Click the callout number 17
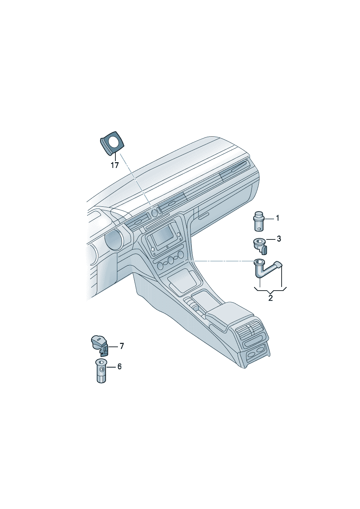coord(115,165)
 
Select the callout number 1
coord(277,218)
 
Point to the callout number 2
coord(270,298)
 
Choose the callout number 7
coord(122,346)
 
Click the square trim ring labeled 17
coord(112,144)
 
